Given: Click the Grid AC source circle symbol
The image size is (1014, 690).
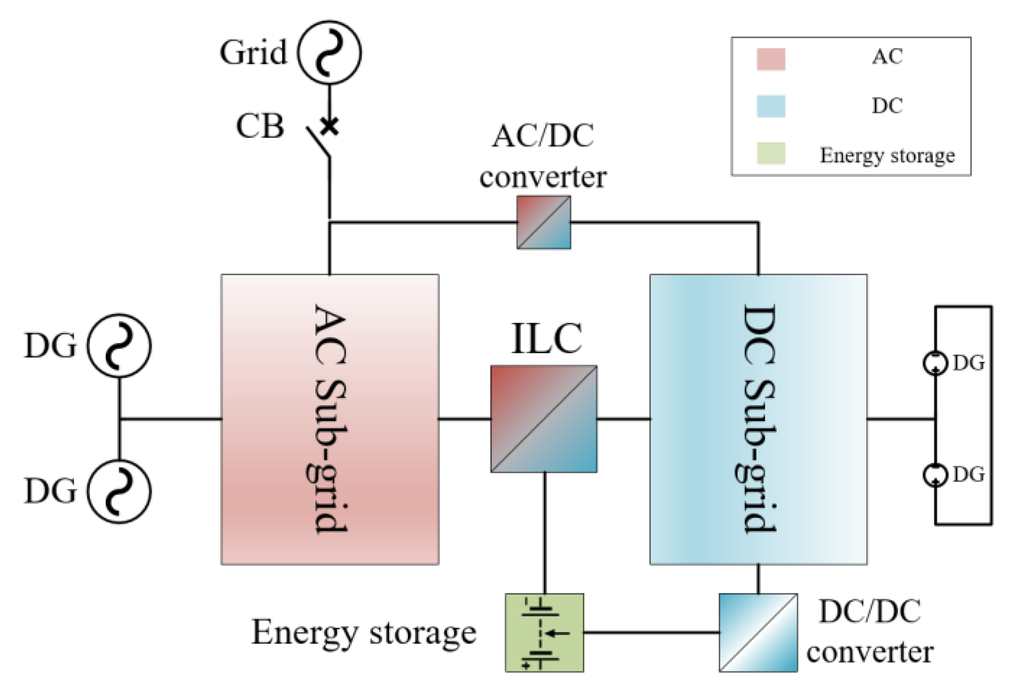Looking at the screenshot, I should (x=329, y=52).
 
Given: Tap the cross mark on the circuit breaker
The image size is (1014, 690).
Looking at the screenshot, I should (x=330, y=127).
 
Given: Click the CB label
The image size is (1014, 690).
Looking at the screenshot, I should (x=260, y=127).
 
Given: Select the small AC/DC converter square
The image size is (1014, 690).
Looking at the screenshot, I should (x=544, y=222).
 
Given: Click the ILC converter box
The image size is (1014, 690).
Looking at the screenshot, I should (x=544, y=419).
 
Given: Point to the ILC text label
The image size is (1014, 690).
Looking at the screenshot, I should (x=546, y=338).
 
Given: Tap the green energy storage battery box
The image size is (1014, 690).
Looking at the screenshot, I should (x=544, y=632).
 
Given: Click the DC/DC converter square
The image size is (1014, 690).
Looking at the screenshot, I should (x=758, y=632).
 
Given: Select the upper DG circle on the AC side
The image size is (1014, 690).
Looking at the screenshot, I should (x=119, y=345).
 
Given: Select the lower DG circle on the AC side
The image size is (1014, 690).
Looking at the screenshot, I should (x=119, y=491).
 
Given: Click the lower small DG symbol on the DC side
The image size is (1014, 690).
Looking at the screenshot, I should (x=935, y=475).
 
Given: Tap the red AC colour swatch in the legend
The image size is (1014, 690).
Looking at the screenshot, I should (x=771, y=59).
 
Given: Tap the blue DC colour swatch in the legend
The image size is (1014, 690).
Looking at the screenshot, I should (x=771, y=106).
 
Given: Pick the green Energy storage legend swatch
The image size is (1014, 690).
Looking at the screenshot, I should (x=771, y=153).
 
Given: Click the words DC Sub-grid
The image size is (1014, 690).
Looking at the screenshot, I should (x=759, y=419).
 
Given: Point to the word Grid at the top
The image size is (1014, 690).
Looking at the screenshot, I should (x=253, y=52).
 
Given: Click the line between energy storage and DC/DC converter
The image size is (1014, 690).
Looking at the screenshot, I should (x=651, y=632).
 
